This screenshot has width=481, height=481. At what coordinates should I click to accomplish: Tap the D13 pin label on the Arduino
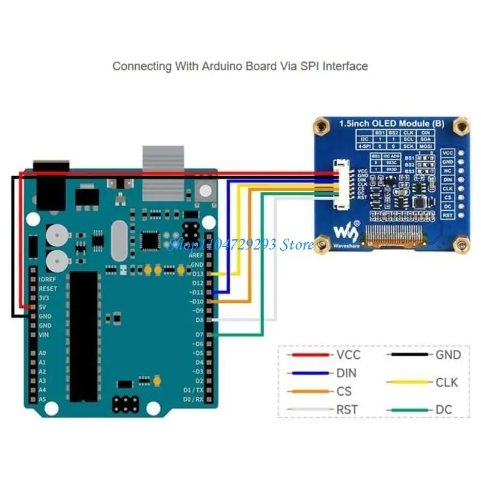(x=197, y=274)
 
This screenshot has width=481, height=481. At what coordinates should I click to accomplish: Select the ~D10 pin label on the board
(x=195, y=301)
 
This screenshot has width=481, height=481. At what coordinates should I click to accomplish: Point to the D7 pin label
(x=198, y=334)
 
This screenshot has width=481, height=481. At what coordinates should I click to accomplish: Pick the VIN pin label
(x=44, y=334)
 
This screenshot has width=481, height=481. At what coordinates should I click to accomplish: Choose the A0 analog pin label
(x=42, y=353)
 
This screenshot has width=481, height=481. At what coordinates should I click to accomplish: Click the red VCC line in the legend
(x=310, y=355)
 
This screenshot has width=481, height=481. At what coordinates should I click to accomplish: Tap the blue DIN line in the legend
(x=310, y=373)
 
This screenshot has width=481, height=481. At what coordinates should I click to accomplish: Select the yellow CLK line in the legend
(x=409, y=382)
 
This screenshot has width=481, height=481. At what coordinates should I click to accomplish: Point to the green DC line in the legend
(x=409, y=410)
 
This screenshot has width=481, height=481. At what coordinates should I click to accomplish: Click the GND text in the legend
(x=448, y=355)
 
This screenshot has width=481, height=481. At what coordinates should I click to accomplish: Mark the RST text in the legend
(x=348, y=410)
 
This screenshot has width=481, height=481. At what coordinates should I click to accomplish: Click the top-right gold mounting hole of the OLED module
(x=461, y=126)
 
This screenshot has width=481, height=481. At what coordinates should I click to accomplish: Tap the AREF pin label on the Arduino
(x=197, y=255)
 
